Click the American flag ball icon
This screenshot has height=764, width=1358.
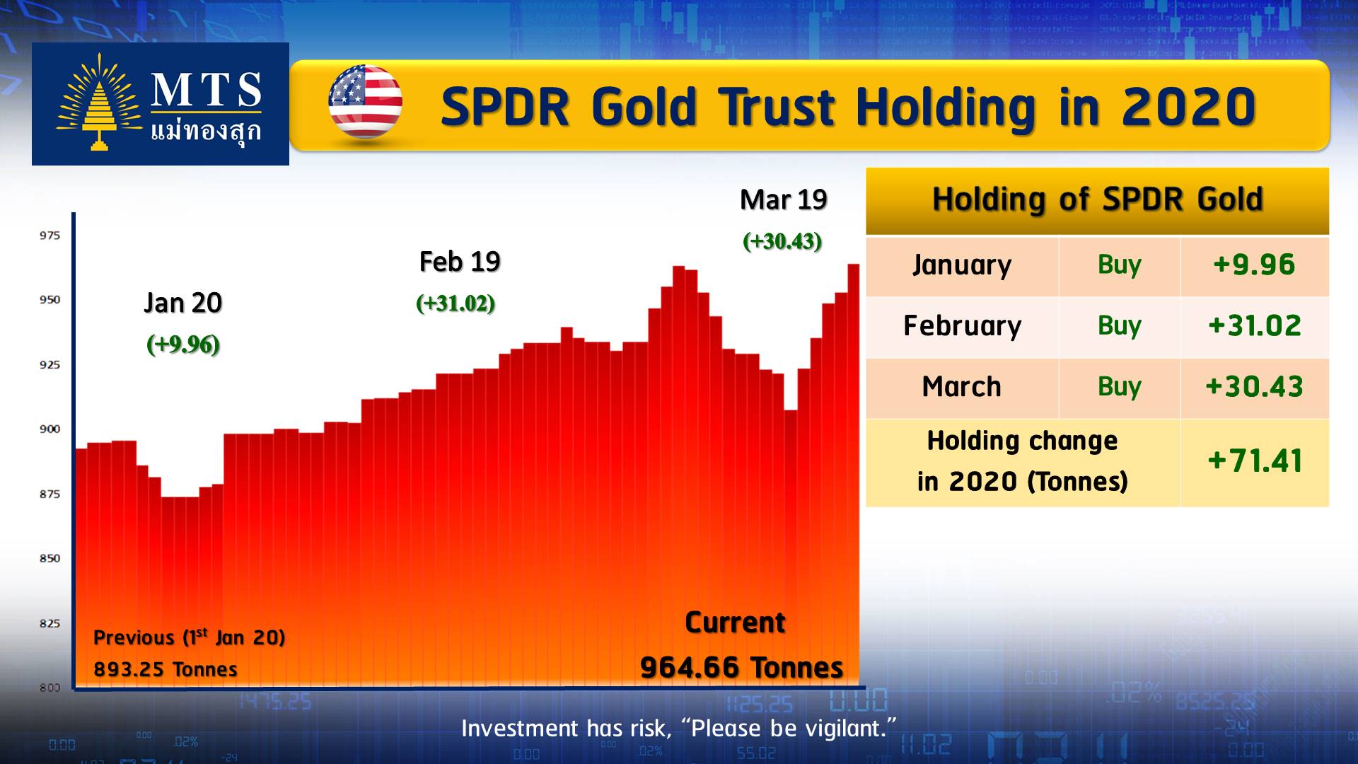click(x=365, y=103)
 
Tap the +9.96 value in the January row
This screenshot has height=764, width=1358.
click(x=1254, y=265)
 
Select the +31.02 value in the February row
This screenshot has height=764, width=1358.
click(x=1254, y=325)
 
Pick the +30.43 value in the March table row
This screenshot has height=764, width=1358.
click(x=1254, y=386)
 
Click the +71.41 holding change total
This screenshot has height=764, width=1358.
click(x=1254, y=461)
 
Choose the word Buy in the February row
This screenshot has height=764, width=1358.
click(x=1119, y=325)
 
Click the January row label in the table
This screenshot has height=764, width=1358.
click(x=962, y=265)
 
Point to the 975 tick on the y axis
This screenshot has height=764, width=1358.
click(x=50, y=236)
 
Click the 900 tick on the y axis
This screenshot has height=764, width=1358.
click(x=50, y=429)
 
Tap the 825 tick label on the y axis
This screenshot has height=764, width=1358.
click(x=50, y=623)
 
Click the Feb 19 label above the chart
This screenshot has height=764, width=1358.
click(x=460, y=262)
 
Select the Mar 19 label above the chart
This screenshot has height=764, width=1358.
click(x=783, y=200)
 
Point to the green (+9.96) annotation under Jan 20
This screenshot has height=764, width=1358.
click(x=183, y=345)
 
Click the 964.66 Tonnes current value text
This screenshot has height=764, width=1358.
click(x=741, y=667)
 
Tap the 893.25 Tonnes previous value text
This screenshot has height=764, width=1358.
click(x=166, y=669)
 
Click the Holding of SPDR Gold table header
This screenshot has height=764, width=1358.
click(x=1097, y=199)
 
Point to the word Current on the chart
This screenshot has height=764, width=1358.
click(x=735, y=623)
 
